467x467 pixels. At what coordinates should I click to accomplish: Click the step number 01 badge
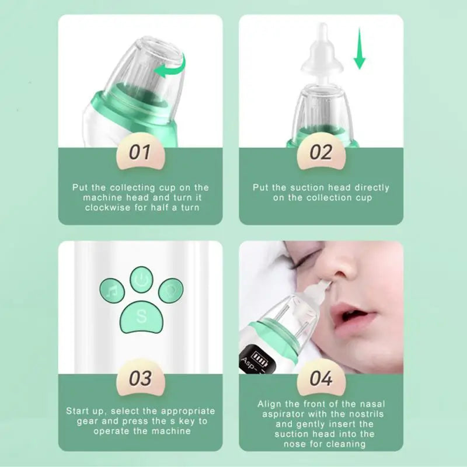[140, 152]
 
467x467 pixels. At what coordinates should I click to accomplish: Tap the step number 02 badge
[321, 152]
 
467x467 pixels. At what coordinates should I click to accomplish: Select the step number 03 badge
[140, 378]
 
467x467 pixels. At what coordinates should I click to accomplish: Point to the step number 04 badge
[321, 378]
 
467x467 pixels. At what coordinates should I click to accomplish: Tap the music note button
[112, 290]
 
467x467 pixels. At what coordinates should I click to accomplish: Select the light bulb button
[170, 290]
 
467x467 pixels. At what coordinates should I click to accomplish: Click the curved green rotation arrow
[171, 68]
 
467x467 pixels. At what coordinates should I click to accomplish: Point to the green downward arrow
[360, 49]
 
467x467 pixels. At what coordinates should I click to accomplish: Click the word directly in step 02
[372, 187]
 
